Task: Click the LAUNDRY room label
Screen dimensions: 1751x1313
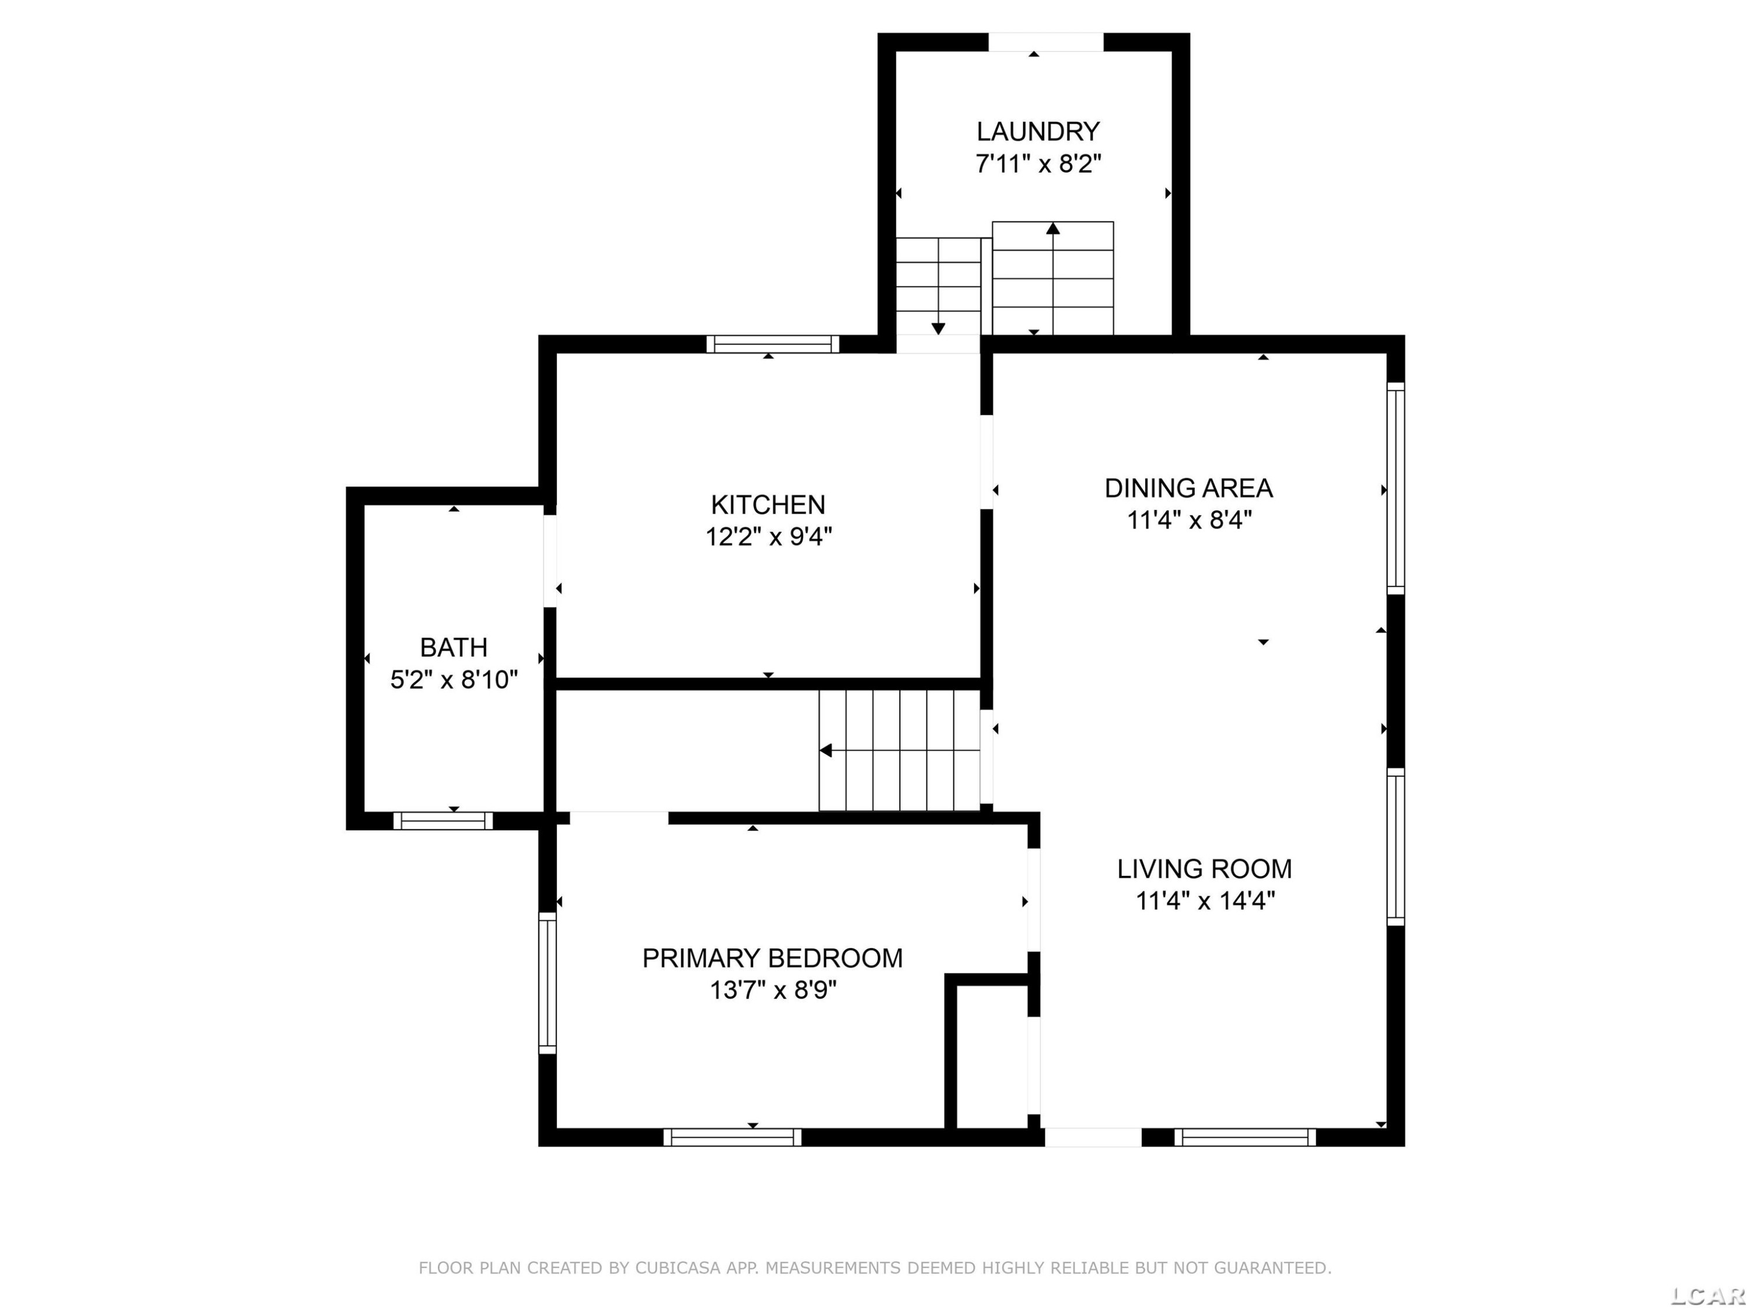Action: tap(1038, 131)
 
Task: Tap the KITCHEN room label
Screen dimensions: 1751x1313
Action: tap(768, 504)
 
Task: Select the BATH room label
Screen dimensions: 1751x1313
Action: tap(454, 647)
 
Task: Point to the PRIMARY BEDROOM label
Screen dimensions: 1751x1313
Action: tap(772, 958)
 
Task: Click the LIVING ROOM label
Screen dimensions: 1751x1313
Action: tap(1204, 868)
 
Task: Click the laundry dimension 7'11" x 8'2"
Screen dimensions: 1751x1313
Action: tap(1038, 164)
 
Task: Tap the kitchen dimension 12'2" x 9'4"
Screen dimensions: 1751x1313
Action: tap(769, 537)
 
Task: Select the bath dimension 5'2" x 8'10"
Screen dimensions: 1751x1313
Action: tap(454, 680)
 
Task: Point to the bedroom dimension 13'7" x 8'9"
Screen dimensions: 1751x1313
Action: tap(773, 990)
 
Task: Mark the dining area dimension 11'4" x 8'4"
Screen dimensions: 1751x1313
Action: tap(1189, 521)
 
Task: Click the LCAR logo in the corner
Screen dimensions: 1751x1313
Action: tap(1707, 1295)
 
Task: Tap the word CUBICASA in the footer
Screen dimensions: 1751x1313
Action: tap(677, 1268)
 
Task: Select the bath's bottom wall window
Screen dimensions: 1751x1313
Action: tap(443, 820)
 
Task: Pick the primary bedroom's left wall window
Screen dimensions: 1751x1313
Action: tap(547, 983)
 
